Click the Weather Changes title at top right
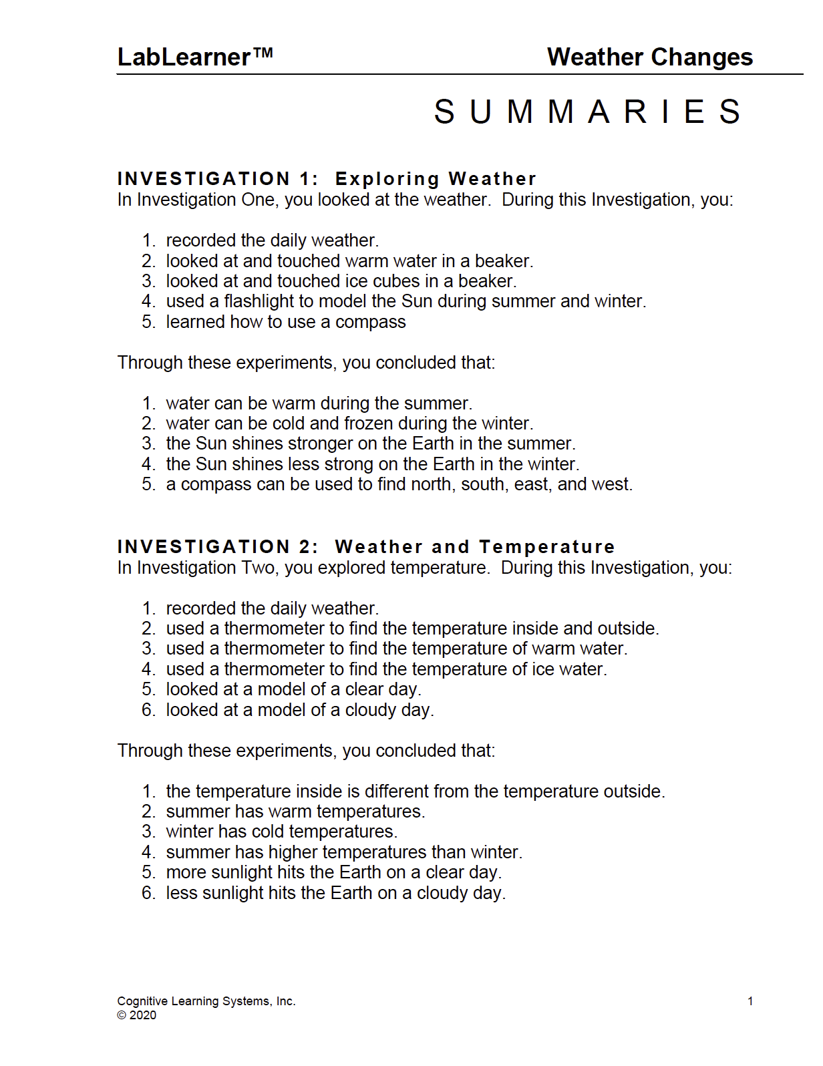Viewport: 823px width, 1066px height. pos(649,57)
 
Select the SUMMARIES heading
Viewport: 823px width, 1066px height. pos(588,112)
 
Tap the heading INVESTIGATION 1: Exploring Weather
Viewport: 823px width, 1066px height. pos(327,179)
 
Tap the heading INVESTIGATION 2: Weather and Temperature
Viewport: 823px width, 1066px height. pos(365,547)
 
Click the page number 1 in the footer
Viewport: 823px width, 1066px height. pos(750,1001)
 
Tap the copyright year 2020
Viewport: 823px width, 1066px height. pos(142,1015)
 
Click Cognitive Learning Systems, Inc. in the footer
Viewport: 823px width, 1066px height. pos(206,1001)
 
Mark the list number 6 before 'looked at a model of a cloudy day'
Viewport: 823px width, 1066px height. pos(148,710)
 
